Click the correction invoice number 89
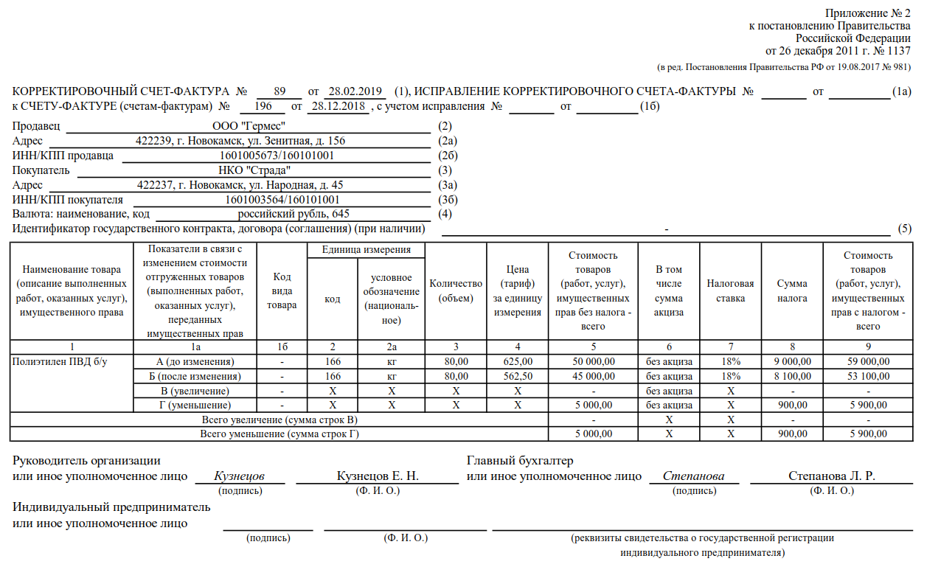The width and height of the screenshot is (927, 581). click(x=279, y=92)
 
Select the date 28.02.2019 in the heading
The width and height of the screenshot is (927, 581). click(x=354, y=92)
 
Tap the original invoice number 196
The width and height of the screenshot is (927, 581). click(x=262, y=106)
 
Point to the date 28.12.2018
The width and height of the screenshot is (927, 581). click(x=338, y=106)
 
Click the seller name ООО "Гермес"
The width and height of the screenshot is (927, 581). click(x=249, y=127)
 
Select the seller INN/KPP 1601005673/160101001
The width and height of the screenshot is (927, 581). click(x=277, y=156)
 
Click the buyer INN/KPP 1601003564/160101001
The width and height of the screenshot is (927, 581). click(x=282, y=200)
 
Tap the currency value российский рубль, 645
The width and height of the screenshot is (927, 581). click(x=294, y=214)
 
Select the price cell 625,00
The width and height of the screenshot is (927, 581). click(x=518, y=361)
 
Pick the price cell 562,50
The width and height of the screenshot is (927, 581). click(x=518, y=376)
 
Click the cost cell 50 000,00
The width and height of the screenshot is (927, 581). click(x=593, y=361)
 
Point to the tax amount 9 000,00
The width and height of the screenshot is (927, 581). click(x=793, y=361)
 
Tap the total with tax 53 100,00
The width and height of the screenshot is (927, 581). click(x=868, y=376)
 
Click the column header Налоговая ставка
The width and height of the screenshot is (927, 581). click(x=730, y=290)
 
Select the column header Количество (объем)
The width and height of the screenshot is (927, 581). click(x=456, y=290)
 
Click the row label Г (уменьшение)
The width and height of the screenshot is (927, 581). click(x=195, y=405)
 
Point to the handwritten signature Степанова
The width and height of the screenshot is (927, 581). click(x=693, y=476)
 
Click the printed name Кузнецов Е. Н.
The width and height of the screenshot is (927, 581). click(x=378, y=476)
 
